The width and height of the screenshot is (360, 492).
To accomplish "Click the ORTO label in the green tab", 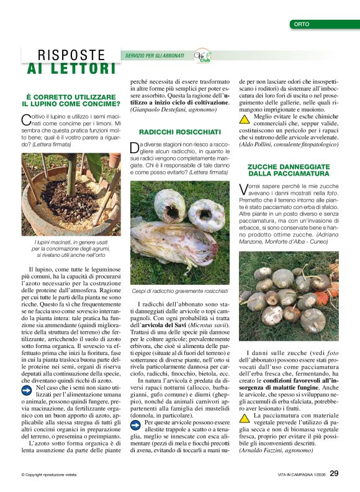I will pyautogui.click(x=300, y=24).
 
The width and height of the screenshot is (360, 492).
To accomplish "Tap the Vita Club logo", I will pyautogui.click(x=203, y=55).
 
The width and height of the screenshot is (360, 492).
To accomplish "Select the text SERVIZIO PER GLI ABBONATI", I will pyautogui.click(x=155, y=56).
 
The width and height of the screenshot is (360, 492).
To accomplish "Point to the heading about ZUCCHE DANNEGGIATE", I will pyautogui.click(x=289, y=170).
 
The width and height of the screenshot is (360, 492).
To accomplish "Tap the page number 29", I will pyautogui.click(x=334, y=474).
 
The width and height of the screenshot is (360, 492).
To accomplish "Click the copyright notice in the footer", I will pyautogui.click(x=48, y=475).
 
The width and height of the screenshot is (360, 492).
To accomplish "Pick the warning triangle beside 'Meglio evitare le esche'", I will pyautogui.click(x=245, y=119).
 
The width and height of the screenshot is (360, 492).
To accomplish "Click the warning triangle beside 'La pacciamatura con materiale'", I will pyautogui.click(x=245, y=418).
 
